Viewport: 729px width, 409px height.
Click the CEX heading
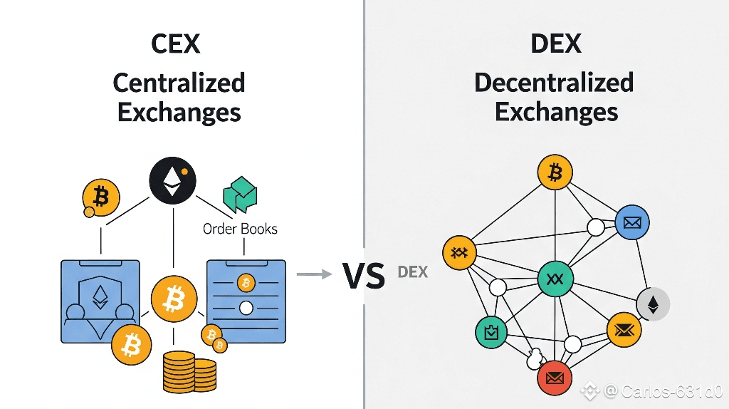[x=175, y=44]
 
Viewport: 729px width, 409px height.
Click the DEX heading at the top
[x=556, y=44]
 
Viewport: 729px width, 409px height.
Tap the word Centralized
[x=179, y=83]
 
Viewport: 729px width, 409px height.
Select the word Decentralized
[x=554, y=83]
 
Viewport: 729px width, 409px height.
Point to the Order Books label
[x=240, y=229]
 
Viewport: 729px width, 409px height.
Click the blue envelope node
[x=631, y=222]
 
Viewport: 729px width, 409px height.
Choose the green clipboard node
[x=491, y=331]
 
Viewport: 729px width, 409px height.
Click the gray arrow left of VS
[x=314, y=273]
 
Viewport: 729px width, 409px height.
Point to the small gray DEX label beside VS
[x=413, y=271]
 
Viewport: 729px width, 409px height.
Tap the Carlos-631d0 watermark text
[x=663, y=390]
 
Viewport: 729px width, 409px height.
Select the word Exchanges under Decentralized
[x=556, y=112]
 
